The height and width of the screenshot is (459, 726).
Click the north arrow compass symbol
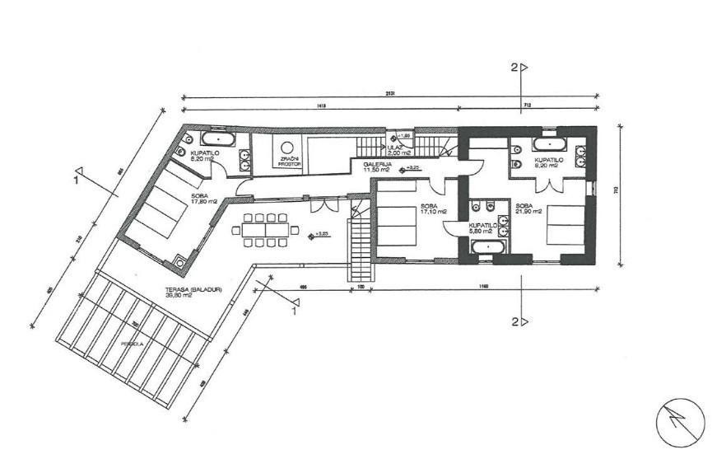coord(680,422)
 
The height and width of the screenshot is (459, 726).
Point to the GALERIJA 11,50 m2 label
coord(377,168)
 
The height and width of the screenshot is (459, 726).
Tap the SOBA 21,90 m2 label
coord(527,209)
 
